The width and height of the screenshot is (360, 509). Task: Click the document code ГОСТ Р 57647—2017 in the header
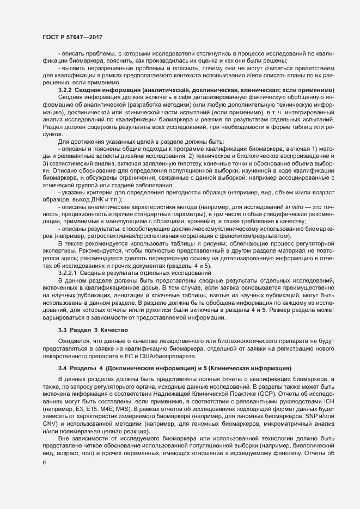point(72,37)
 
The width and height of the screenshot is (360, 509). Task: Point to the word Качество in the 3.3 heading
point(116,330)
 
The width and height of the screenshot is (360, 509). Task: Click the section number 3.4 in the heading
point(63,369)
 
